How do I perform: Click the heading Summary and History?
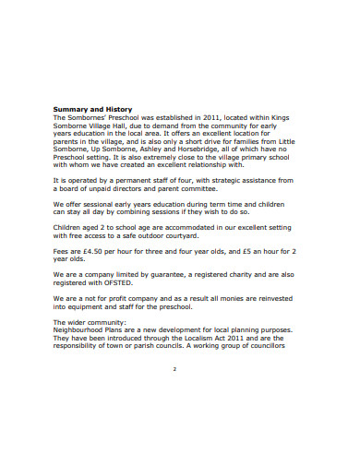pos(90,110)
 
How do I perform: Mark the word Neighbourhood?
pos(86,329)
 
